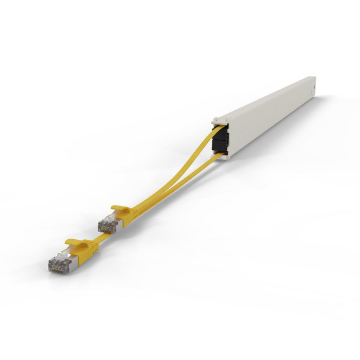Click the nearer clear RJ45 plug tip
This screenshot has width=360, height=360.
(x=57, y=265)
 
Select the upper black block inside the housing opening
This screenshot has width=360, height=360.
(x=220, y=136)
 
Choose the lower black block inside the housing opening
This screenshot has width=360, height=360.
(x=222, y=147)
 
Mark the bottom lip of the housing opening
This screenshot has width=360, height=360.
(x=225, y=157)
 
